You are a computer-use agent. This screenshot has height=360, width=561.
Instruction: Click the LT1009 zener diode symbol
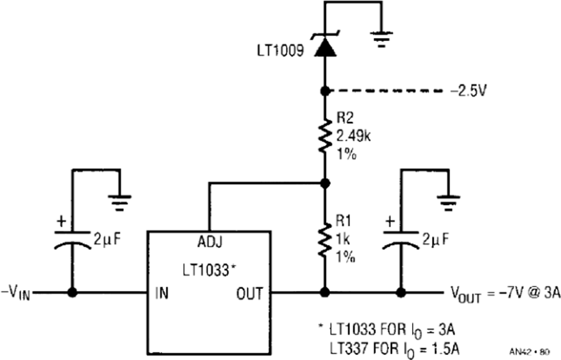click(325, 45)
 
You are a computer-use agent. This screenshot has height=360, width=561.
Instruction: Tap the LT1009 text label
click(280, 50)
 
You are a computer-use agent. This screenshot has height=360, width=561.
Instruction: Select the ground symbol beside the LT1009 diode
click(381, 39)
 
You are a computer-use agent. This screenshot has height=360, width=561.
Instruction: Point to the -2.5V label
click(469, 91)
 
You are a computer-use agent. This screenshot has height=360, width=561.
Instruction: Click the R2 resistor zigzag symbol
click(325, 136)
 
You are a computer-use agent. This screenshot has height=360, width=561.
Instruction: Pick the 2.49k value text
click(353, 136)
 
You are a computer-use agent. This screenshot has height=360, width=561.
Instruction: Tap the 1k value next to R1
click(343, 239)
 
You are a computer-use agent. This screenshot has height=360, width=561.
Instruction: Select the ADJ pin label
click(210, 242)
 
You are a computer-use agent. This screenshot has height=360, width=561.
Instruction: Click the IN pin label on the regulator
click(161, 293)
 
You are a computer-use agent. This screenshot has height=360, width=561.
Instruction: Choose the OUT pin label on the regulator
click(249, 293)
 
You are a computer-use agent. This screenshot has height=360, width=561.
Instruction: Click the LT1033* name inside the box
click(209, 270)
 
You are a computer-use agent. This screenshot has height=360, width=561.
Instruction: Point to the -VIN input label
click(16, 294)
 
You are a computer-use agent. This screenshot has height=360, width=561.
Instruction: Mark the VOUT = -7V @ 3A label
click(505, 294)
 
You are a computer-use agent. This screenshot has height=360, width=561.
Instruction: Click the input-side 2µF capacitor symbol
click(72, 239)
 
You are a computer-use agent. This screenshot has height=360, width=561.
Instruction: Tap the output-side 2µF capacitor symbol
click(401, 239)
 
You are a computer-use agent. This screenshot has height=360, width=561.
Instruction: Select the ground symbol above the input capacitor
click(120, 202)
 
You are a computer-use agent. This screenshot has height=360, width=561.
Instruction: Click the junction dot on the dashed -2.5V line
click(325, 91)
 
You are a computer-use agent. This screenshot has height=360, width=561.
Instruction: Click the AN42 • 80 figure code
click(530, 352)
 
